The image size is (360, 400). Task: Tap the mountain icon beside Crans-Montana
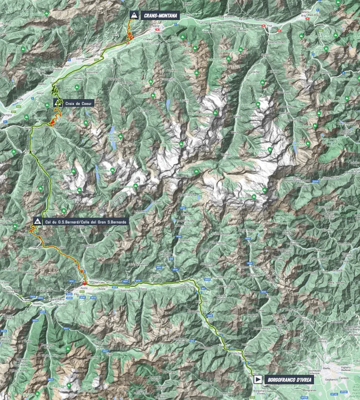(x=133, y=15)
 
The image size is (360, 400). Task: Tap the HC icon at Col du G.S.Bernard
(x=37, y=220)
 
